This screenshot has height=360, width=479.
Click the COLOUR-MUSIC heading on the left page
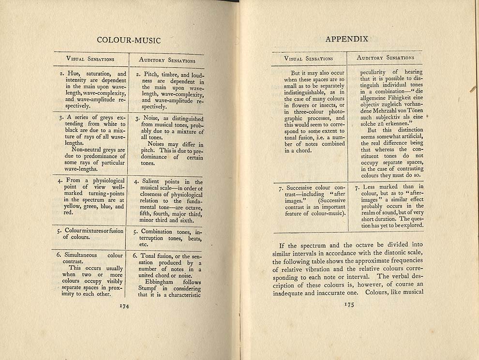point(129,41)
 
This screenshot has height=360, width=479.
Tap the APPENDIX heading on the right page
point(347,39)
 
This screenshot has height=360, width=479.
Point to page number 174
point(124,305)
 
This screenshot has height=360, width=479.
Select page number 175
point(349,304)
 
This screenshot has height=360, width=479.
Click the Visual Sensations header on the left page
point(90,59)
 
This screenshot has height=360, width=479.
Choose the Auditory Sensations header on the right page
point(385,58)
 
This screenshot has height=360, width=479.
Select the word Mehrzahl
point(382,110)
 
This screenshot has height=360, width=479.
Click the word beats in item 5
point(195,238)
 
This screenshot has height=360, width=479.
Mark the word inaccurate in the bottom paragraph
point(331,292)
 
